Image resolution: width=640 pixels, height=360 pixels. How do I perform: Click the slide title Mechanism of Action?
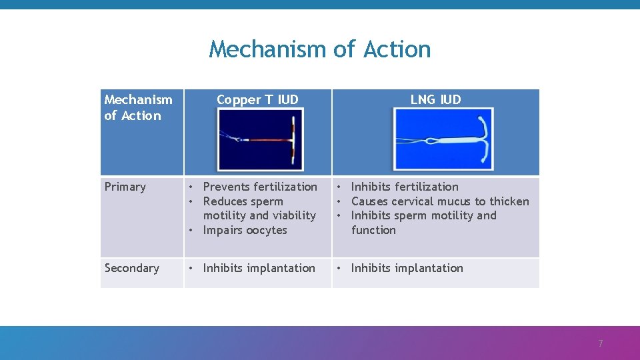point(320,49)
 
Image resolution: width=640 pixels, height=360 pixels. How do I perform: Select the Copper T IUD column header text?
point(257,100)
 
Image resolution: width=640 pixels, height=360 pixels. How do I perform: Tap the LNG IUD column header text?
point(435,100)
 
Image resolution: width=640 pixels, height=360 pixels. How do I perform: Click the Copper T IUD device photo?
point(260,139)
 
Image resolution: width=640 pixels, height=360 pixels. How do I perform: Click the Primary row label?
point(125,187)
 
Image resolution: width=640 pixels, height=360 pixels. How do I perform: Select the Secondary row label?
point(132,268)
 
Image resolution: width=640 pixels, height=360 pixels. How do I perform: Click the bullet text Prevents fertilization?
point(260,187)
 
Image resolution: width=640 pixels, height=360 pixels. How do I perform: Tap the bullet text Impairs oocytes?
point(245,230)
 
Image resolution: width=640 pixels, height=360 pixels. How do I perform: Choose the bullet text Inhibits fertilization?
point(405,187)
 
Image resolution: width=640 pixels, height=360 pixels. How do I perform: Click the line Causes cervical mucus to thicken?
point(440,201)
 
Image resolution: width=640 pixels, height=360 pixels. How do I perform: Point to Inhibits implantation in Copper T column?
point(259,268)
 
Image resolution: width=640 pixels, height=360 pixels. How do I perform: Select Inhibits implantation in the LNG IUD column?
point(407,268)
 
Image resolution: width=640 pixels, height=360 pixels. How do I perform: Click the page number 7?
point(600,344)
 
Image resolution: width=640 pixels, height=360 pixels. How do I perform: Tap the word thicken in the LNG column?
point(509,201)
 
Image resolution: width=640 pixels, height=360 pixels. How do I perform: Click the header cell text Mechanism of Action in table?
point(138,107)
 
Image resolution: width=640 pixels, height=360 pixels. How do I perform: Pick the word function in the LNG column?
point(373,230)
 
